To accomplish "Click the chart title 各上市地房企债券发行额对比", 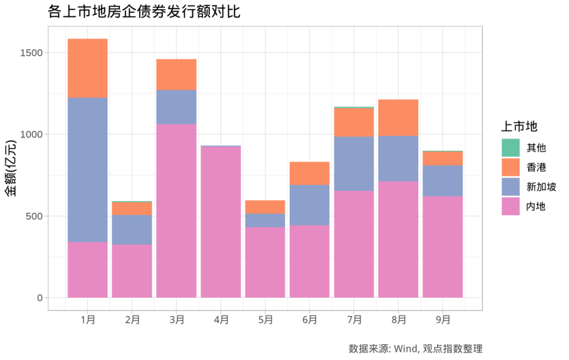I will pyautogui.click(x=143, y=12).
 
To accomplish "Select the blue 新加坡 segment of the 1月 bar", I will pyautogui.click(x=87, y=170).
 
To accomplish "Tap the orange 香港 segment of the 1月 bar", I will pyautogui.click(x=87, y=68).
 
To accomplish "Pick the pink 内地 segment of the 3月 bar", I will pyautogui.click(x=176, y=211).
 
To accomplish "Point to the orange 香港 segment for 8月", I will pyautogui.click(x=398, y=118).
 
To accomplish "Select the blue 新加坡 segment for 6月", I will pyautogui.click(x=310, y=205).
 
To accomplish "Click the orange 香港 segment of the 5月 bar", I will pyautogui.click(x=266, y=207).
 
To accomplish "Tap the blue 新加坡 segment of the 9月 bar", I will pyautogui.click(x=443, y=181).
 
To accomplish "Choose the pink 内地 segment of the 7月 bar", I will pyautogui.click(x=354, y=244).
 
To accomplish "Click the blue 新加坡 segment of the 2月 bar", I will pyautogui.click(x=132, y=229).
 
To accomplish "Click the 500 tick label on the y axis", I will pyautogui.click(x=35, y=216).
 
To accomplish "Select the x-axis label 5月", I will pyautogui.click(x=266, y=319).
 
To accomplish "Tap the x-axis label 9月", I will pyautogui.click(x=443, y=319).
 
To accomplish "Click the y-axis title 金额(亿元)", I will pyautogui.click(x=12, y=169).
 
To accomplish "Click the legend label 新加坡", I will pyautogui.click(x=541, y=187).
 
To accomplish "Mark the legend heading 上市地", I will pyautogui.click(x=518, y=127).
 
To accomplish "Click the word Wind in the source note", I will pyautogui.click(x=405, y=348).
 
